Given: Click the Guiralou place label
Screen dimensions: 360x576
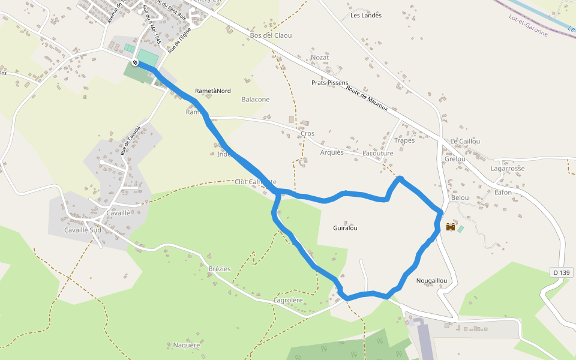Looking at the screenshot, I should tap(345, 228).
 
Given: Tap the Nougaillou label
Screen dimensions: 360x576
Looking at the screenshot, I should tap(431, 281).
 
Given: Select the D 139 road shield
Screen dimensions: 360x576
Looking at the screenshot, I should tap(561, 273).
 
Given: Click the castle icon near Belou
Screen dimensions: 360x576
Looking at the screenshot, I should tap(451, 227).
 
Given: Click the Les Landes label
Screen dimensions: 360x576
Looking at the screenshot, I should tap(366, 16).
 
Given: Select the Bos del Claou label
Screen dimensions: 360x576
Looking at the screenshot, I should tap(271, 35).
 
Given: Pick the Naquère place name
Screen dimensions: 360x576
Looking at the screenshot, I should tap(186, 345).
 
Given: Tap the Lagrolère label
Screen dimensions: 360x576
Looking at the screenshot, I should tap(288, 300).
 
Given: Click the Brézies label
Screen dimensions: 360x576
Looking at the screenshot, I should tap(219, 269).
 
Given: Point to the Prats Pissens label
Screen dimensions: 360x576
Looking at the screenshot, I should tap(330, 83).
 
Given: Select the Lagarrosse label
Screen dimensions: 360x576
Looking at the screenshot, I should tap(508, 169).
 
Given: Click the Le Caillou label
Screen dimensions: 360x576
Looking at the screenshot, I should tap(465, 141).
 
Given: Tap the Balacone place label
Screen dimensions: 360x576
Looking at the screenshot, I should tap(256, 100).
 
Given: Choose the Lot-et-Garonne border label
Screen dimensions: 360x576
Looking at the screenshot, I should tap(528, 25).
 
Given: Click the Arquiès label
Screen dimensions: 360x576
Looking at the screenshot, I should tap(332, 152).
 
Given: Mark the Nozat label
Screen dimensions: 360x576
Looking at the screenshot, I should tap(320, 58).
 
